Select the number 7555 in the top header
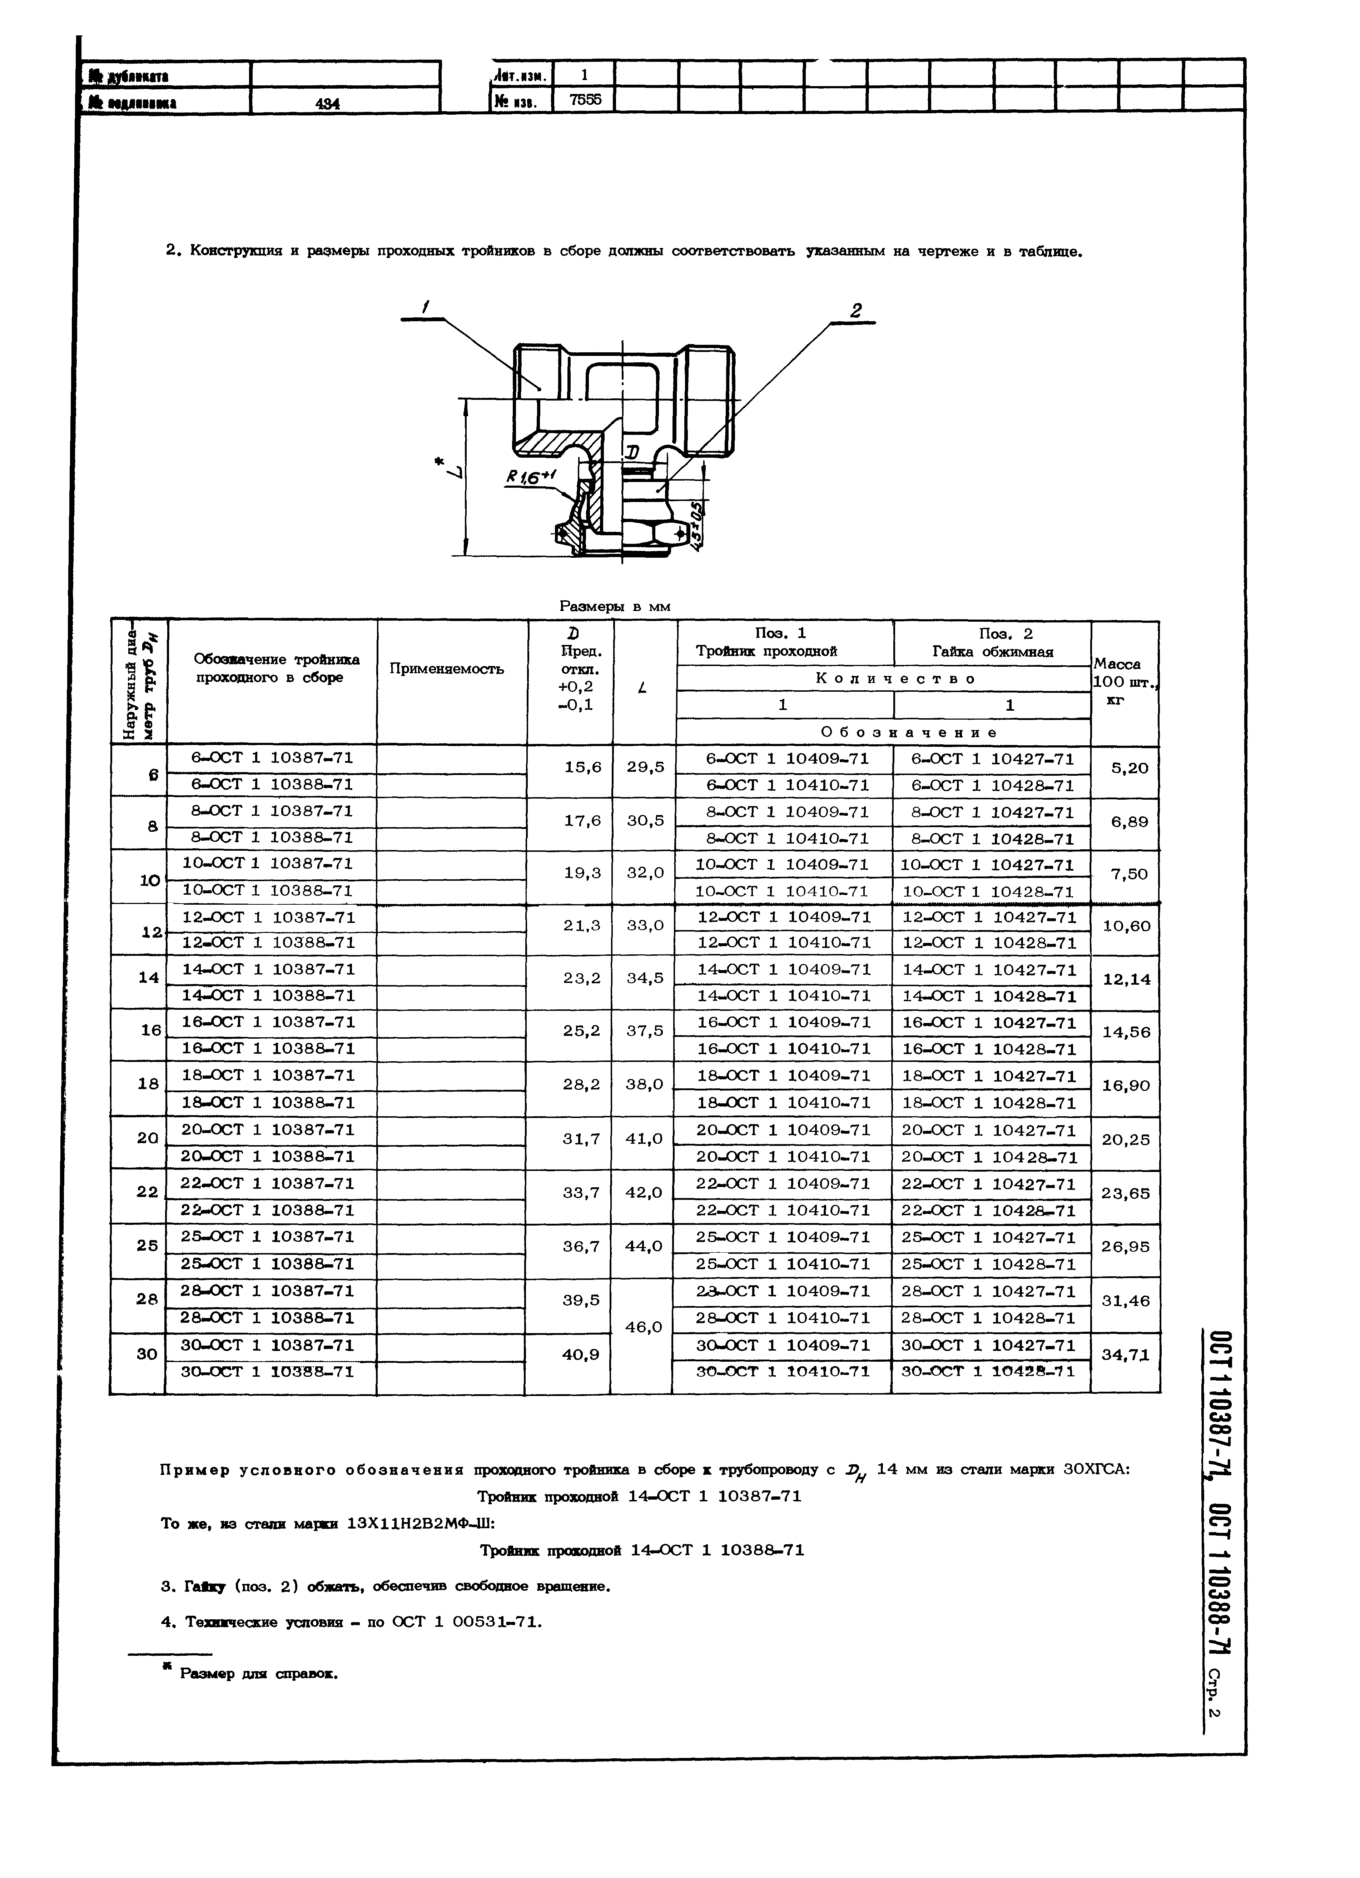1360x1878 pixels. click(586, 100)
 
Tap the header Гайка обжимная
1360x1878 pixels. click(992, 652)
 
